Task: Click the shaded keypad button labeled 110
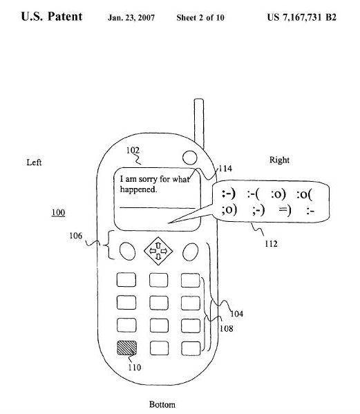[x=127, y=348]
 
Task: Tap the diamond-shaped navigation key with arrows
[x=158, y=251]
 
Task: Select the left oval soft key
[x=127, y=251]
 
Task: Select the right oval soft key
[x=190, y=252]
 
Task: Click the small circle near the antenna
[x=189, y=158]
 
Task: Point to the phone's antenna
[x=199, y=124]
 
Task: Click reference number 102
[x=133, y=150]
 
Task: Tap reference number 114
[x=226, y=169]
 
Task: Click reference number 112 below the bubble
[x=271, y=244]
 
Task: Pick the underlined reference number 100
[x=58, y=213]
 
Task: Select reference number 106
[x=76, y=236]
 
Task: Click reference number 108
[x=227, y=328]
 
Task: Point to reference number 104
[x=237, y=314]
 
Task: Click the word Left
[x=34, y=162]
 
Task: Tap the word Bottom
[x=162, y=404]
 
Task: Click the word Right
[x=279, y=160]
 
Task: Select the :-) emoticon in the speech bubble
[x=228, y=194]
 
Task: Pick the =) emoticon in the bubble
[x=285, y=210]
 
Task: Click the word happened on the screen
[x=139, y=189]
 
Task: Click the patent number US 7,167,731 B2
[x=302, y=17]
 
